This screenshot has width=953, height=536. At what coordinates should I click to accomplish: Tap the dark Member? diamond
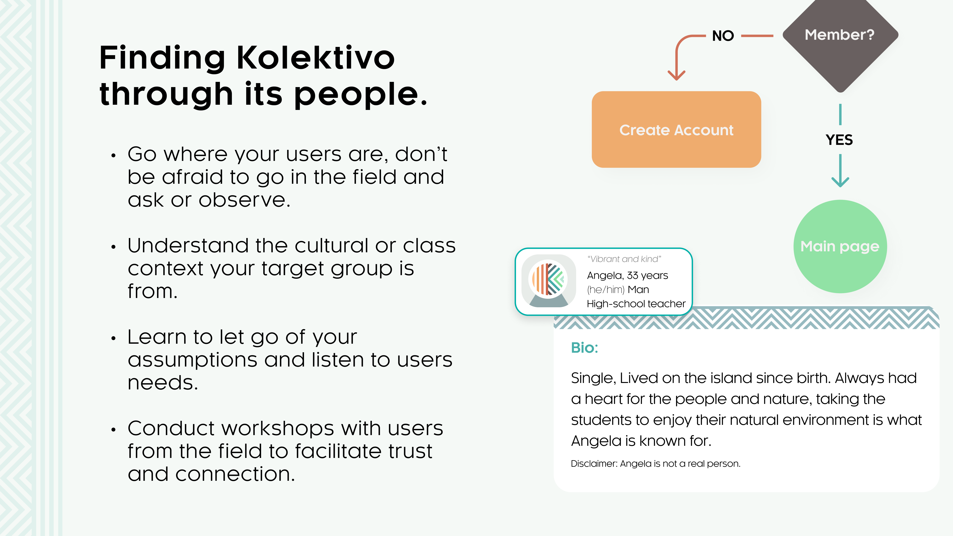click(x=840, y=41)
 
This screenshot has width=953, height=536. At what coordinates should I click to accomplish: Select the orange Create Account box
click(x=676, y=129)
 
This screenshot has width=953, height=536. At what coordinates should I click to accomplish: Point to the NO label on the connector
click(x=723, y=36)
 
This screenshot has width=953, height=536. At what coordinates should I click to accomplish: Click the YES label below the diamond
click(x=839, y=140)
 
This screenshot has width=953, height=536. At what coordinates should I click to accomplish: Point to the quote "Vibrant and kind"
click(x=624, y=259)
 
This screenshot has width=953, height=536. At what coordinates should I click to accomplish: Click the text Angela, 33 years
click(x=628, y=275)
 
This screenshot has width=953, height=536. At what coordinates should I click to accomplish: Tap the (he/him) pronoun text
click(x=606, y=289)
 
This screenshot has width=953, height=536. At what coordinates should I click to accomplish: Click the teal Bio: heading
click(x=584, y=347)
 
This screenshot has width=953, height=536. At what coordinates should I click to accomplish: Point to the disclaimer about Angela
click(x=656, y=464)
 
